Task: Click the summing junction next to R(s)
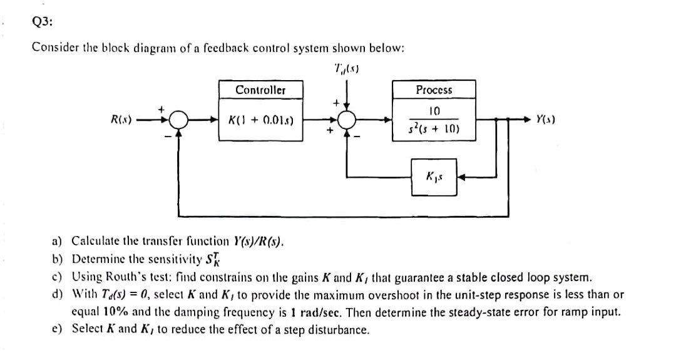pos(180,118)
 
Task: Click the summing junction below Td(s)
pos(347,118)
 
